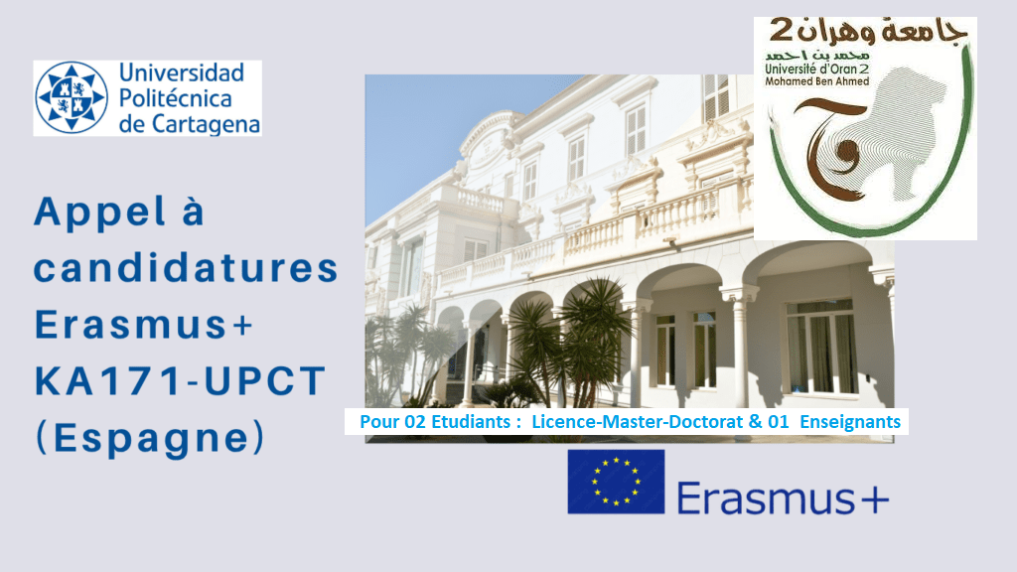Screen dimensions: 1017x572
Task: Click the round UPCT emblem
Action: [x=71, y=98]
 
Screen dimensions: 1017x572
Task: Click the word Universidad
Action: [x=182, y=72]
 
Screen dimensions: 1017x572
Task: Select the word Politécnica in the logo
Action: [x=175, y=98]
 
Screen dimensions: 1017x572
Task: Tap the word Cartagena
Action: [x=204, y=124]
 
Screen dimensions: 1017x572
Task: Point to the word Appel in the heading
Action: [x=100, y=213]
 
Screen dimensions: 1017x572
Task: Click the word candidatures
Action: [x=186, y=268]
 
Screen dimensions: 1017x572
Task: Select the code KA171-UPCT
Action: [x=180, y=380]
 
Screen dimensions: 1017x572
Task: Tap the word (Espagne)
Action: [x=151, y=438]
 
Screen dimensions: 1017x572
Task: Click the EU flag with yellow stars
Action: [x=616, y=482]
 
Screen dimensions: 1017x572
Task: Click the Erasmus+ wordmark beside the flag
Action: [x=783, y=499]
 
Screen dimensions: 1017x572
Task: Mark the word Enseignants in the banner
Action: [x=850, y=422]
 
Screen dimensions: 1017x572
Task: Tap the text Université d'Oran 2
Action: [x=816, y=69]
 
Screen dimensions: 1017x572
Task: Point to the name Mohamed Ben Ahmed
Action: [x=816, y=81]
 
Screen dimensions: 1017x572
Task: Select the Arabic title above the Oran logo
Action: [x=868, y=32]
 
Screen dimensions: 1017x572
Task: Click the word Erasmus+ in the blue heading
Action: [x=143, y=325]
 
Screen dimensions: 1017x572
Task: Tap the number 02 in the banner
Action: [x=415, y=421]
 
